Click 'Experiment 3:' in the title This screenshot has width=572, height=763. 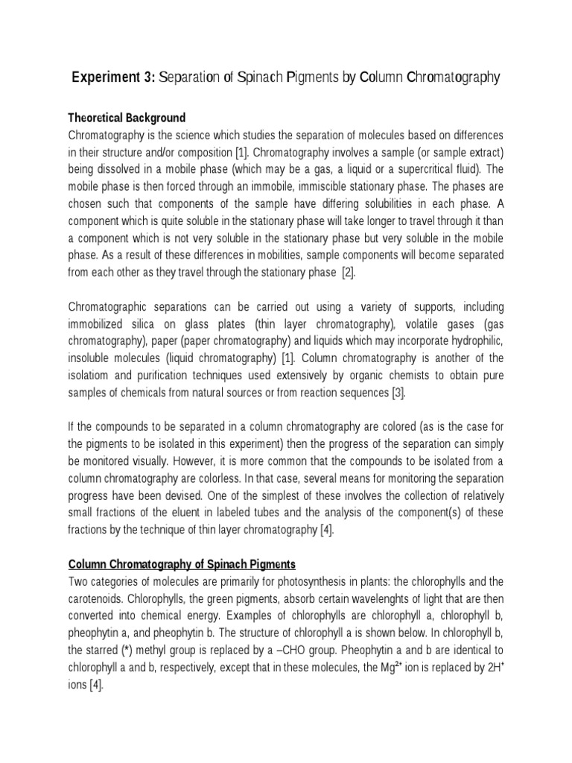tap(112, 78)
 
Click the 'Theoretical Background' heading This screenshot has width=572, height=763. tap(127, 118)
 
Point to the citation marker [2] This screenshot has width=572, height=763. tap(349, 272)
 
